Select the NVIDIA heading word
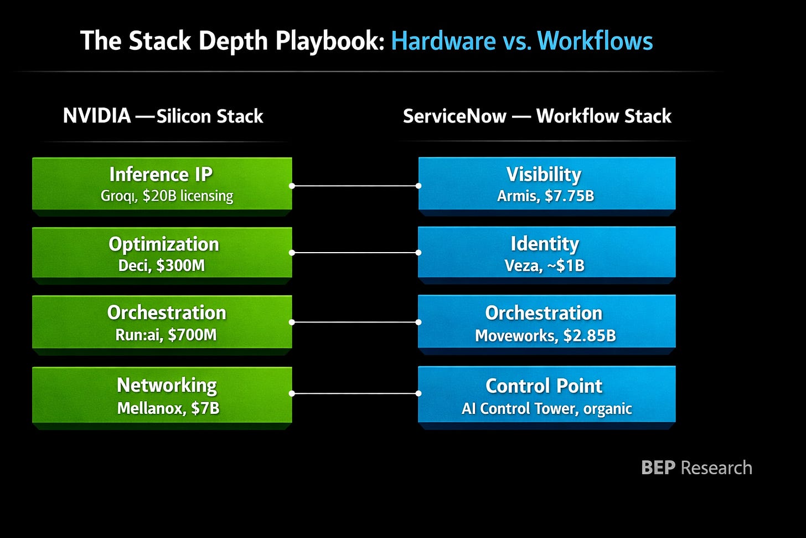pyautogui.click(x=97, y=116)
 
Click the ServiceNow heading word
pyautogui.click(x=454, y=116)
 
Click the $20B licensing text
pyautogui.click(x=188, y=196)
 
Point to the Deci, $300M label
pyautogui.click(x=162, y=266)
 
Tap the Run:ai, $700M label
pyautogui.click(x=166, y=335)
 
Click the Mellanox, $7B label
pyautogui.click(x=168, y=408)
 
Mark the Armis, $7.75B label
pyautogui.click(x=545, y=196)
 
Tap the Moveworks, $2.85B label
pyautogui.click(x=545, y=336)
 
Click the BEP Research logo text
pyautogui.click(x=696, y=468)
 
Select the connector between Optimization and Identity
pyautogui.click(x=355, y=253)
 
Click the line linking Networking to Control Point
pyautogui.click(x=355, y=393)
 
